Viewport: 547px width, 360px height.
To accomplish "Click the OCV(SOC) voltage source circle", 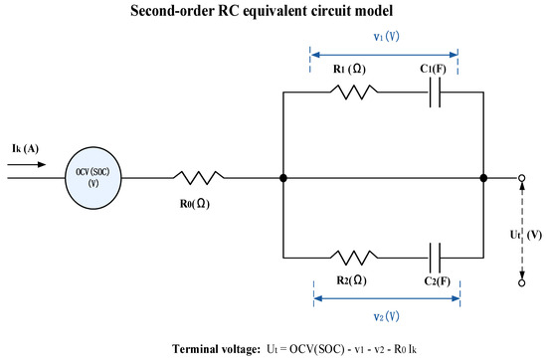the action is [93, 178].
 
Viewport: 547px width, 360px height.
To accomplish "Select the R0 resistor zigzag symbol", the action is [199, 178].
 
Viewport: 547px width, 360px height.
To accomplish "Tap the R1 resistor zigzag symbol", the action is [354, 92].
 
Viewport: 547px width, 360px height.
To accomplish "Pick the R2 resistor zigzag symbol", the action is [354, 258].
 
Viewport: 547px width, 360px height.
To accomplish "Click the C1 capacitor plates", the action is [435, 92].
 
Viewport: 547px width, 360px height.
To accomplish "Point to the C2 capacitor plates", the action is [435, 258].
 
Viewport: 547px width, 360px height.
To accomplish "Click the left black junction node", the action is [283, 178].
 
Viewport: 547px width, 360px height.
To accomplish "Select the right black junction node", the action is [483, 178].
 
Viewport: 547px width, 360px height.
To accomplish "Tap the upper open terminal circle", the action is [522, 178].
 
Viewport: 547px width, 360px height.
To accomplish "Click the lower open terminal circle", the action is [522, 282].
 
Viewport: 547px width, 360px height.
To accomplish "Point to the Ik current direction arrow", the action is [27, 165].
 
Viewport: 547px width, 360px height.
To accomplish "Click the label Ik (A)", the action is [25, 148].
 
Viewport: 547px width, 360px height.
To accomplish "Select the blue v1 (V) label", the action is [387, 36].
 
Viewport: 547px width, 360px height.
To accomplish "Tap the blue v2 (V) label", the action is [387, 316].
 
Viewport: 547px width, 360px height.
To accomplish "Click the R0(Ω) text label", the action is [195, 204].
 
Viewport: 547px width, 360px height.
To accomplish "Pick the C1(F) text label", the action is [433, 69].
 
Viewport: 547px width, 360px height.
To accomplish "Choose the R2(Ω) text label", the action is [352, 280].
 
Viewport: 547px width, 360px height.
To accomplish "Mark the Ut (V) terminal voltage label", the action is [526, 235].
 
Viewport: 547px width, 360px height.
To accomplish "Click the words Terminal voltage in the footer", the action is [216, 349].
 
